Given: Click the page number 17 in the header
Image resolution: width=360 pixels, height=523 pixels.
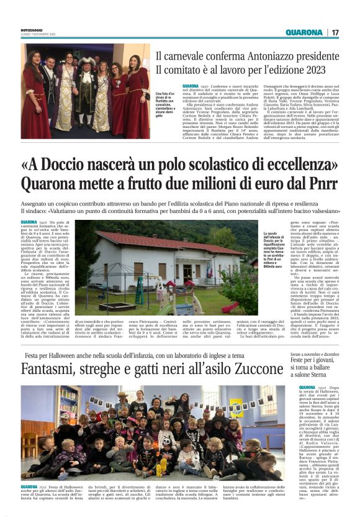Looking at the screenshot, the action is click(335, 32).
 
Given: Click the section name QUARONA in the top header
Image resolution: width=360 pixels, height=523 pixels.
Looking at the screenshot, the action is click(304, 32).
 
